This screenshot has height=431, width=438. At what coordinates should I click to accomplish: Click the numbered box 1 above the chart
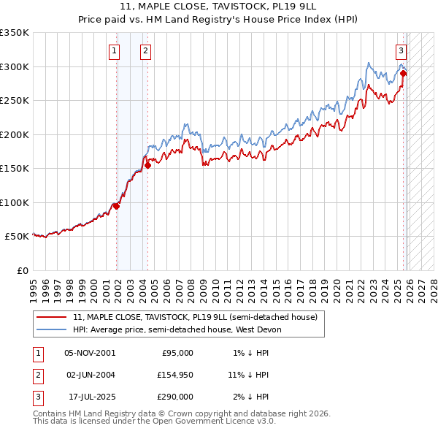(115, 50)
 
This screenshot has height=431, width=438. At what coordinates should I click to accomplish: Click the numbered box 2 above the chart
(146, 50)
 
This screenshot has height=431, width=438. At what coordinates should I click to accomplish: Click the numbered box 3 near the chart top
(401, 50)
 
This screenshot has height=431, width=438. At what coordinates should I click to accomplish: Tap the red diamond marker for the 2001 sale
(116, 206)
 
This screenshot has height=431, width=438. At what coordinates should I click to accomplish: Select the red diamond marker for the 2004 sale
(147, 165)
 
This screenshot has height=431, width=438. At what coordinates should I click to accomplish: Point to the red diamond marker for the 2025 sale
(404, 73)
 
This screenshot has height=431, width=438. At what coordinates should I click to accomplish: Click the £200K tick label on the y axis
(14, 134)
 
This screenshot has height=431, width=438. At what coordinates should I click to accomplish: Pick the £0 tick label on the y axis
(22, 270)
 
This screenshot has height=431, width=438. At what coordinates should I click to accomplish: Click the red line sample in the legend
(51, 318)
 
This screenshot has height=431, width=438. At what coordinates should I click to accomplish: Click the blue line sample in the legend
(51, 330)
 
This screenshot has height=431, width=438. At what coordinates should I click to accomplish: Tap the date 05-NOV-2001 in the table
(90, 353)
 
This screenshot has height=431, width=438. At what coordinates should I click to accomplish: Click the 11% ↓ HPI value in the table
(248, 375)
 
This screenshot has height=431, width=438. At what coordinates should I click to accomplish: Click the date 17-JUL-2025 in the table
(90, 397)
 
